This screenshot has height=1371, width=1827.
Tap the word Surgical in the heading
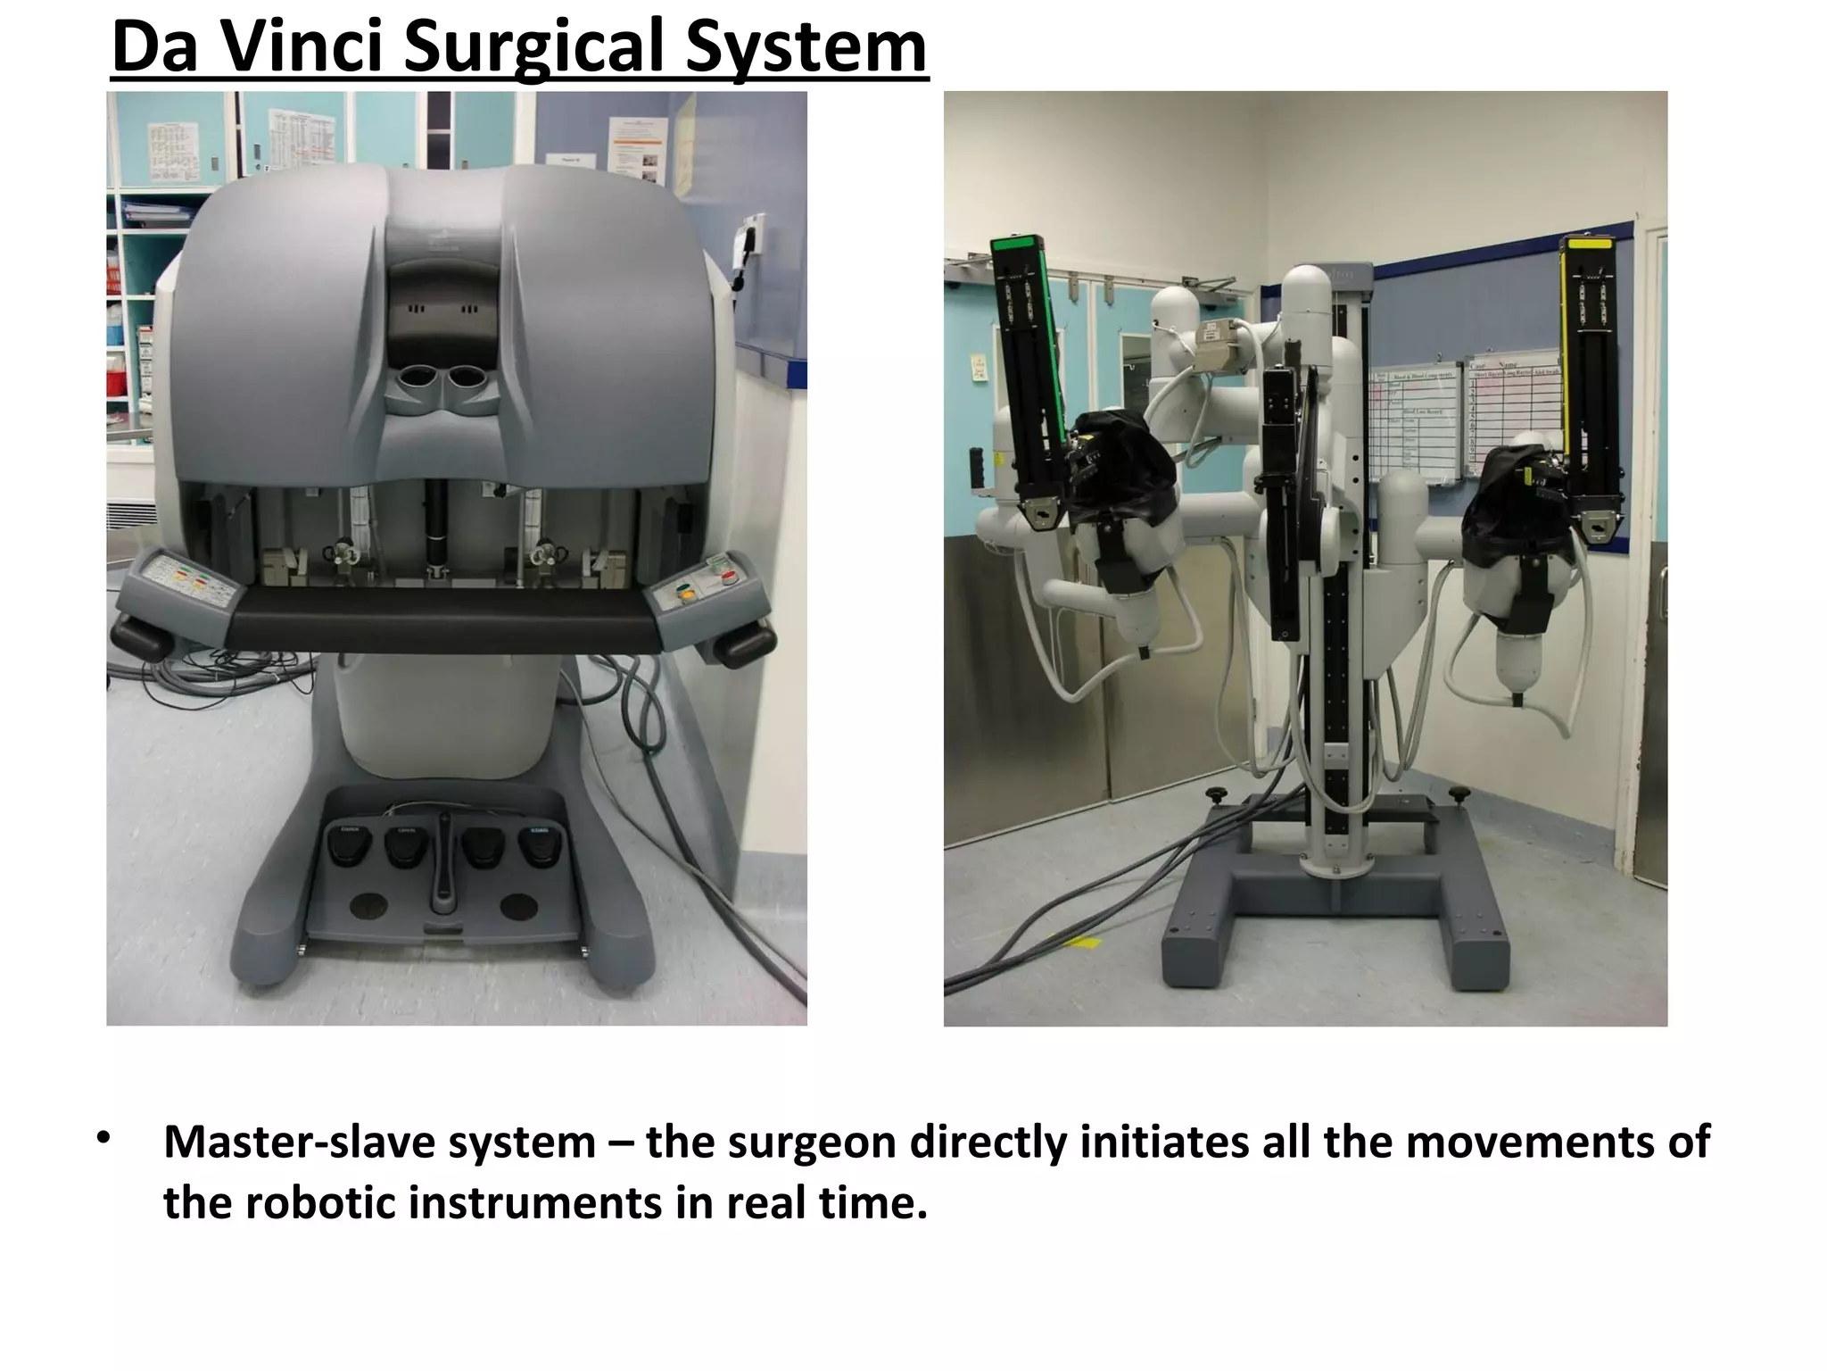click(x=533, y=48)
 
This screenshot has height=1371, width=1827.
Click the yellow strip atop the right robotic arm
click(x=1588, y=242)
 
